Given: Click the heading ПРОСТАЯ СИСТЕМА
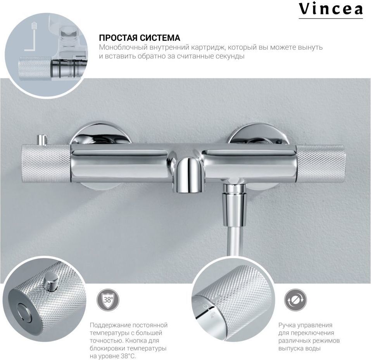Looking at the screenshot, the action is coord(140,38).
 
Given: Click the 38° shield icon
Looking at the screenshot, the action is coord(108,300).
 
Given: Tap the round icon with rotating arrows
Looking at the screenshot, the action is coord(295,300).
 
